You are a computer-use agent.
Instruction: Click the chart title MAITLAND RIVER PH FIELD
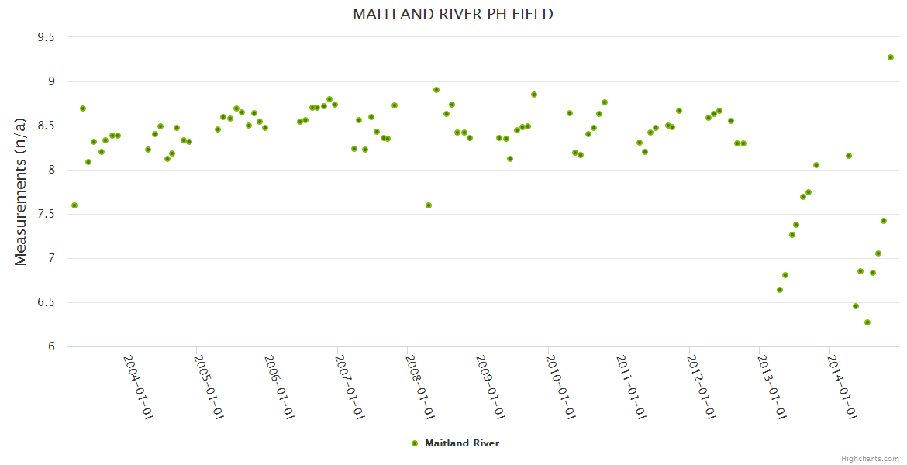(453, 14)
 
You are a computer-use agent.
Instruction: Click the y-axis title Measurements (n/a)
(21, 191)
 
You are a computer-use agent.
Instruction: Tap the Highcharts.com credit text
(870, 458)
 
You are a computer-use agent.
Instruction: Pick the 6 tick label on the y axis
(50, 346)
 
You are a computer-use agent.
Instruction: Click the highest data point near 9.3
(891, 57)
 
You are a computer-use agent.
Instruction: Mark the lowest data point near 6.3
(867, 322)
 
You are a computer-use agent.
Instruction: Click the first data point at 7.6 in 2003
(74, 205)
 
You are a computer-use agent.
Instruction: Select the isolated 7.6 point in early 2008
(429, 205)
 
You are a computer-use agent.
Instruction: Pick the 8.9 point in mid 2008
(436, 90)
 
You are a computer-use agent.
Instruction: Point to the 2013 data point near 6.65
(780, 290)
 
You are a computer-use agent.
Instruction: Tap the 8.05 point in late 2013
(816, 165)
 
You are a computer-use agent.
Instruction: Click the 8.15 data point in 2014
(849, 156)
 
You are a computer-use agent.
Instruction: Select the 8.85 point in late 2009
(534, 95)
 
